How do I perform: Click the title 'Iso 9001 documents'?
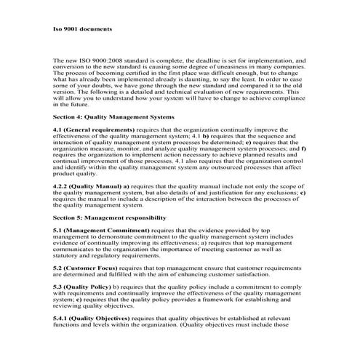pos(81,30)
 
